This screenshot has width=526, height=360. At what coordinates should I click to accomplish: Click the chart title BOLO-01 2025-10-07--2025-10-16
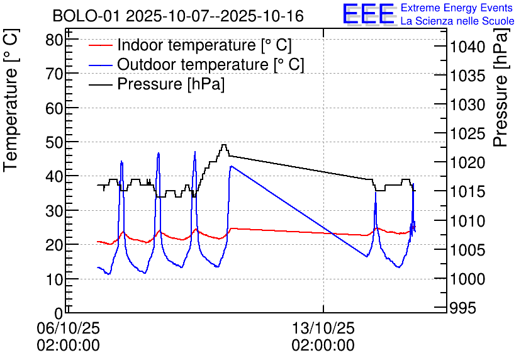(x=178, y=16)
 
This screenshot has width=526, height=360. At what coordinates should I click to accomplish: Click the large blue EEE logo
(x=369, y=14)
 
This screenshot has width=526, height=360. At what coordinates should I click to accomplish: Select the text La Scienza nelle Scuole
(x=457, y=21)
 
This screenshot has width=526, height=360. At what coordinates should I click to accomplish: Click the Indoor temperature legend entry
(x=204, y=45)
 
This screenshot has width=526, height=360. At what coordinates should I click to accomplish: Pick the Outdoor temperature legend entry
(x=211, y=64)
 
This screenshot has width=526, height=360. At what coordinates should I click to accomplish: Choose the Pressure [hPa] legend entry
(x=171, y=84)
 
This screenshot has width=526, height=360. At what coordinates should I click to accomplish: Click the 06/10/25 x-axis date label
(x=68, y=328)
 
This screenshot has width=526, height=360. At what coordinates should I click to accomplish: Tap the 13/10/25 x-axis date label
(x=323, y=328)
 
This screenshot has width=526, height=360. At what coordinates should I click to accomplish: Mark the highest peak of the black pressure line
(x=223, y=145)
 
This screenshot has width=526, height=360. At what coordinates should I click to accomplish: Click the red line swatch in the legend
(x=101, y=45)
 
